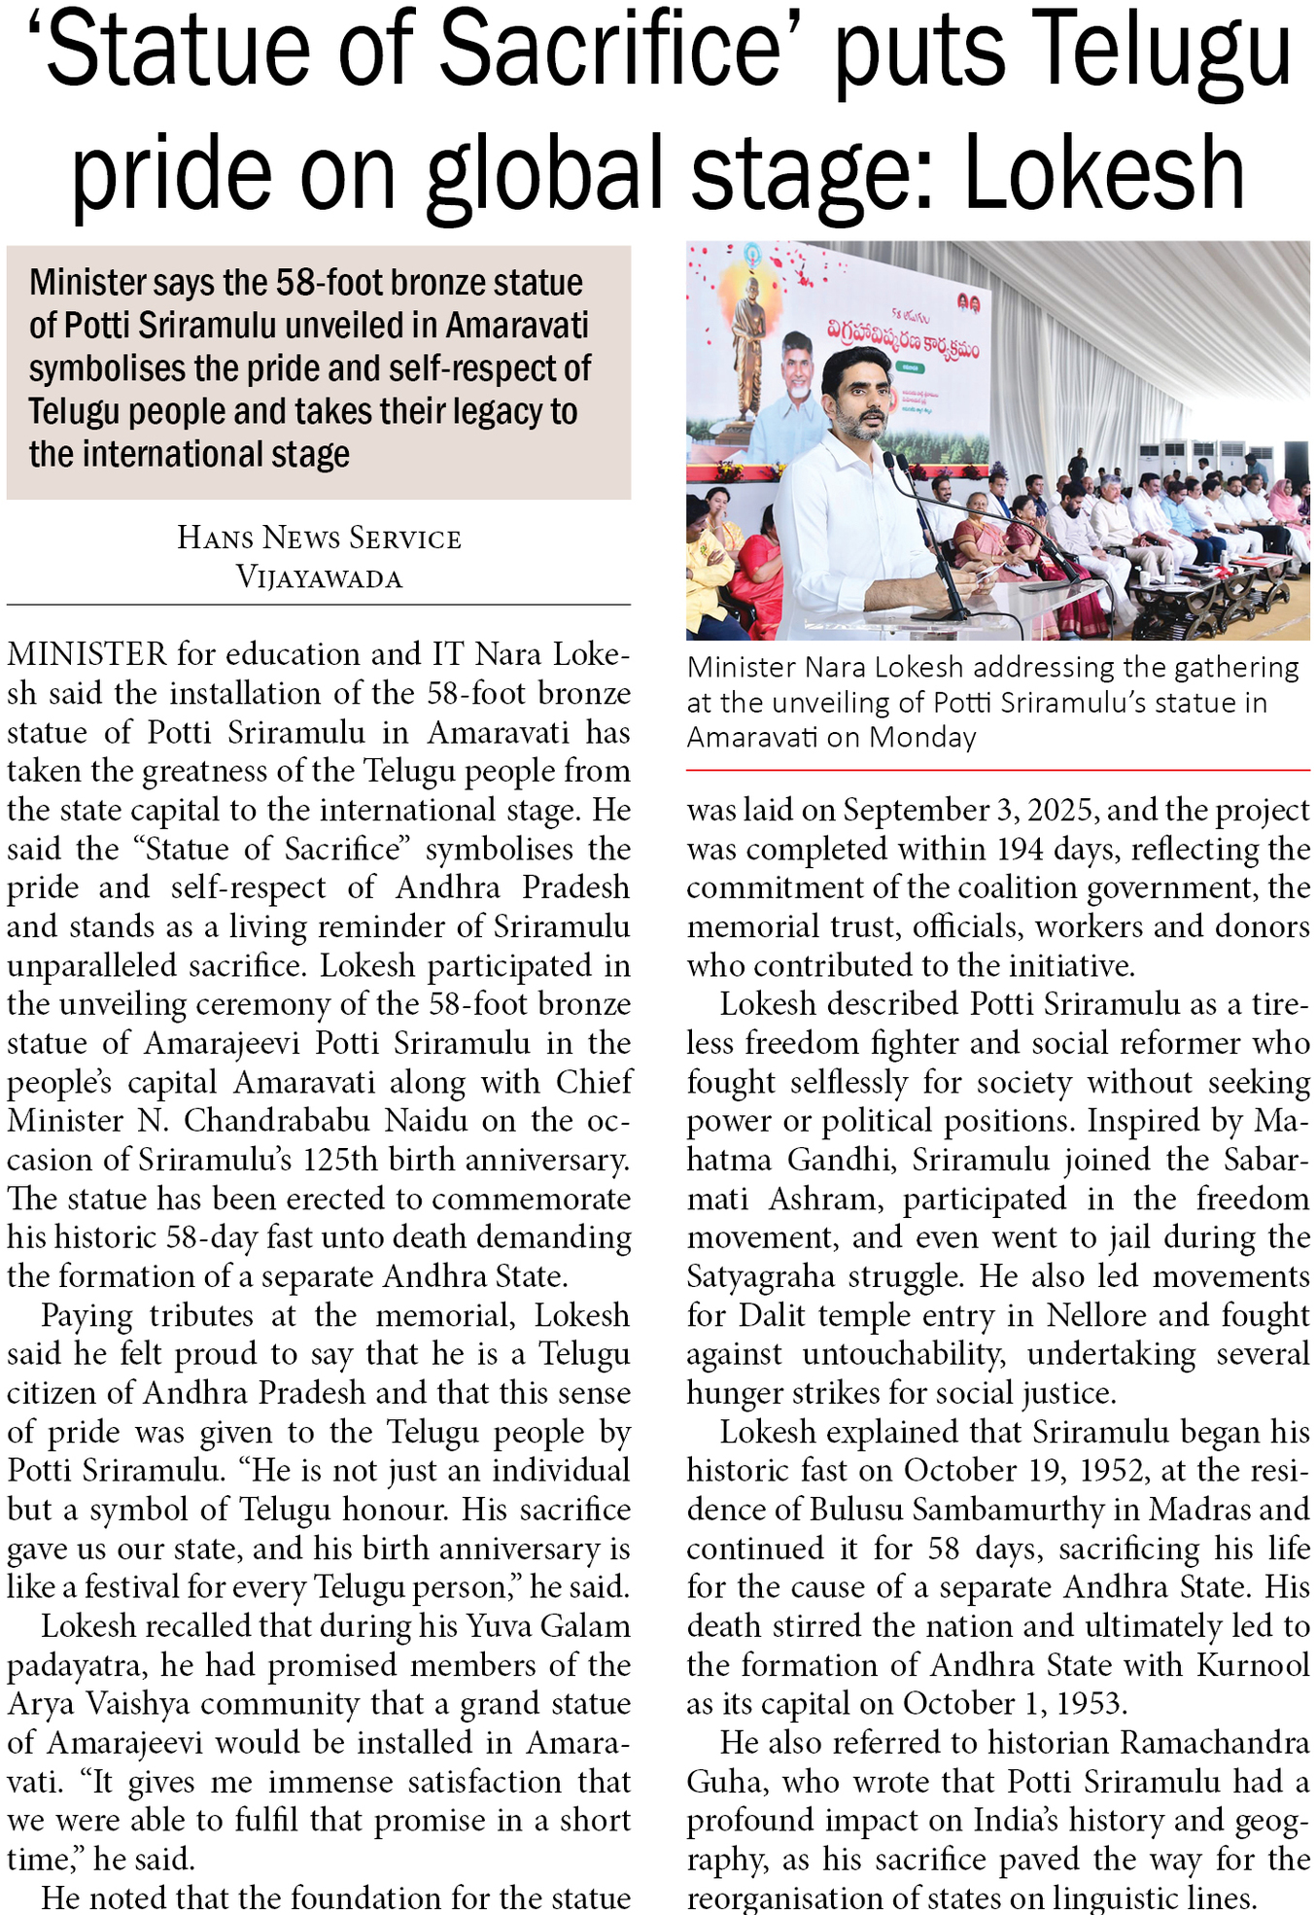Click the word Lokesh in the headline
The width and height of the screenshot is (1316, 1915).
(1104, 173)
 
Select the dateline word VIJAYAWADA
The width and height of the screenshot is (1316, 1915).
(319, 578)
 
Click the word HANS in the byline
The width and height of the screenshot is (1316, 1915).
(215, 538)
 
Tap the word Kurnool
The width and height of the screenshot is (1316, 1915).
(1254, 1665)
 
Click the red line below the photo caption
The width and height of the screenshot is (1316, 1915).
(998, 770)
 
